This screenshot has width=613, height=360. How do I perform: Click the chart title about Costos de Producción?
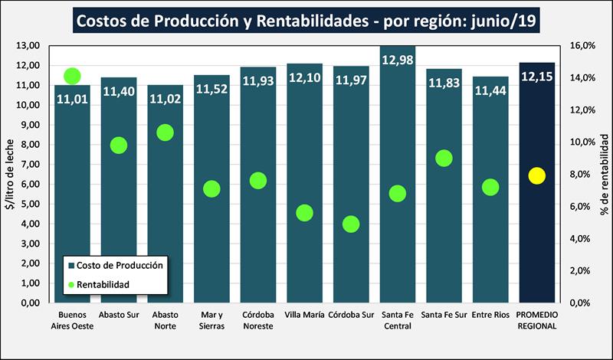(x=306, y=21)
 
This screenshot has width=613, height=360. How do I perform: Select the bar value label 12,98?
(x=398, y=61)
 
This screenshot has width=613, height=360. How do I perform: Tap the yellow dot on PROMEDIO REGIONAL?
(x=536, y=175)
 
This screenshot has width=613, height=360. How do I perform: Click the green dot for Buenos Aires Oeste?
(x=73, y=76)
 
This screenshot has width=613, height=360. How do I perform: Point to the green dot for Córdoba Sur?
(x=351, y=224)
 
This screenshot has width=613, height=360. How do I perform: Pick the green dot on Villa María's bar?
(x=305, y=213)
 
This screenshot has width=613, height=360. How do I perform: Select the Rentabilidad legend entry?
(x=103, y=284)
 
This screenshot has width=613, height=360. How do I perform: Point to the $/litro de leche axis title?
(x=9, y=175)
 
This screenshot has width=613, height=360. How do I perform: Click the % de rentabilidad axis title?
(x=604, y=175)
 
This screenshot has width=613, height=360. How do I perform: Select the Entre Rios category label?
(x=490, y=315)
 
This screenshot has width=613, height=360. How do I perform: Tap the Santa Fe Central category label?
(x=398, y=320)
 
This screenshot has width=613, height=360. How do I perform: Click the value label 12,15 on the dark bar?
(x=536, y=77)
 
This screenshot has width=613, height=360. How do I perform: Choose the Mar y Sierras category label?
(x=211, y=320)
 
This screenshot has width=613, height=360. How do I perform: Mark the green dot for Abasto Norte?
(x=166, y=133)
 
